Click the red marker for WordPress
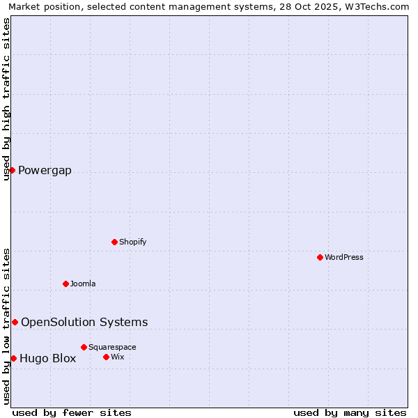tap(320, 257)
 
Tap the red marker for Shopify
tap(114, 242)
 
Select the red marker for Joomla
tap(65, 284)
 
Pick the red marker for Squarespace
tap(84, 347)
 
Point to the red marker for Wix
tap(106, 357)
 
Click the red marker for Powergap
tap(12, 170)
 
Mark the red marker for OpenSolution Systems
tap(15, 322)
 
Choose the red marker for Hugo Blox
tap(13, 358)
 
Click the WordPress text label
tap(344, 257)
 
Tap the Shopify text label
tap(132, 242)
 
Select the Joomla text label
tap(83, 284)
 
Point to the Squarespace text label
tap(112, 347)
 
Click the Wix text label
tap(117, 357)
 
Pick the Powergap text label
tap(45, 171)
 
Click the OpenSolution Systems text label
tap(84, 322)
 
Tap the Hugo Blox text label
tap(47, 359)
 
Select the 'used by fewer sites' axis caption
tap(72, 412)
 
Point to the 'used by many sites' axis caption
tap(350, 412)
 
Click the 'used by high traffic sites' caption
tap(6, 99)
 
